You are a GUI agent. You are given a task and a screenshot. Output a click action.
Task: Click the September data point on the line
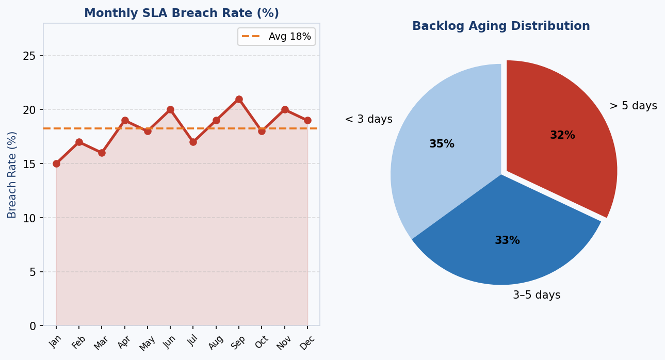click(239, 99)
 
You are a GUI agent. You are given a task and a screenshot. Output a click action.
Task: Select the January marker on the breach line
click(56, 163)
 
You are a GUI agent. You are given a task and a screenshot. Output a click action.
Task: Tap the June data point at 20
click(170, 110)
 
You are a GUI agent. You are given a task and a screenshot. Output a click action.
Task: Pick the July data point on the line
click(193, 142)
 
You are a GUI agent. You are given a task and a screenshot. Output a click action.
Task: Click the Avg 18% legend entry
click(277, 37)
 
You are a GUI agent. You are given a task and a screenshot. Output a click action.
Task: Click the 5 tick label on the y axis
click(33, 272)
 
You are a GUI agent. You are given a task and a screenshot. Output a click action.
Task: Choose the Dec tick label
click(307, 342)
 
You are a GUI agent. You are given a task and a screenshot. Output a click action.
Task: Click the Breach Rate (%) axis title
click(12, 174)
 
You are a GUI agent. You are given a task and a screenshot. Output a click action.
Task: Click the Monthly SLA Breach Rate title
click(182, 13)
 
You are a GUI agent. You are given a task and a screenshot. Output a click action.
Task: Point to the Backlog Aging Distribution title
click(501, 26)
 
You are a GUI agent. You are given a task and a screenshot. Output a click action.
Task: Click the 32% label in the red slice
click(562, 135)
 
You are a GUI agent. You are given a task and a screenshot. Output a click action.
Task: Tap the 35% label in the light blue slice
click(442, 144)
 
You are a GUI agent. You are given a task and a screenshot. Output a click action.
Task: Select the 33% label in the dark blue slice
click(507, 240)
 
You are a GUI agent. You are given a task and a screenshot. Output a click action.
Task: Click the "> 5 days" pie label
click(633, 106)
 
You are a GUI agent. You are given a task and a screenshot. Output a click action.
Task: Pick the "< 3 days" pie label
click(368, 119)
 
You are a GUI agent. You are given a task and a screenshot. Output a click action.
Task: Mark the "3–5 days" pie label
click(536, 295)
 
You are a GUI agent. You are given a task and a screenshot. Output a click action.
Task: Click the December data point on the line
click(307, 120)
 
